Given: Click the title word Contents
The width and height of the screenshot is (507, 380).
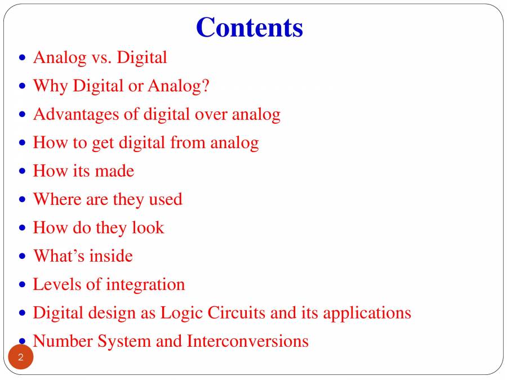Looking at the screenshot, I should tap(250, 27).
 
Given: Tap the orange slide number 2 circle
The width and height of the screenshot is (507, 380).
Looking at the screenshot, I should tap(21, 357).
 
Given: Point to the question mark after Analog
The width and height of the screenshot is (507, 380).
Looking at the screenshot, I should tap(206, 86).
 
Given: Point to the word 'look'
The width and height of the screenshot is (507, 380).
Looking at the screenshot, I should tap(148, 227).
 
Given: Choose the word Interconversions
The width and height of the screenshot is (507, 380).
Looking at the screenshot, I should tap(247, 341).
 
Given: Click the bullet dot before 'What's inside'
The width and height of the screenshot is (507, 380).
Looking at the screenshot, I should tap(23, 256).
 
